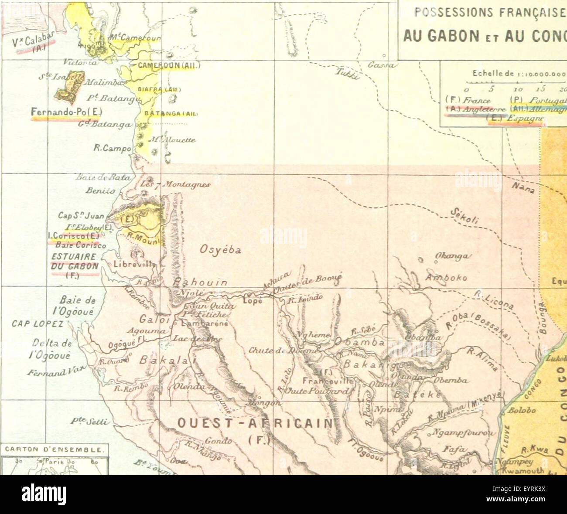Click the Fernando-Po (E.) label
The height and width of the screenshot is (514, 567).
coord(66,112)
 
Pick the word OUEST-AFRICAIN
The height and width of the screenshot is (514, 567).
coord(254,423)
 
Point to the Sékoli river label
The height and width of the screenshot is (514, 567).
coord(465,215)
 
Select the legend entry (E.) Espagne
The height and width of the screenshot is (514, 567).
coord(516,118)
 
